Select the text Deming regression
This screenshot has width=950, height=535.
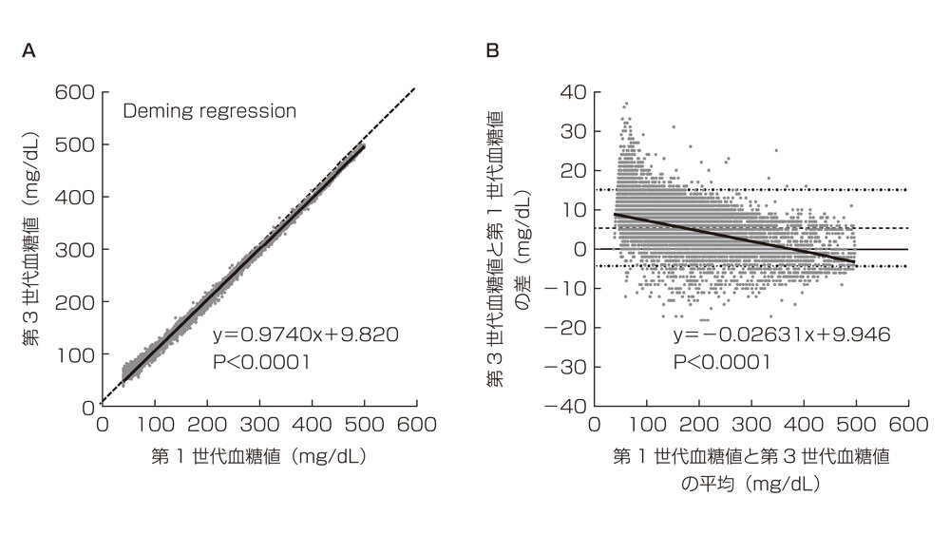[209, 111]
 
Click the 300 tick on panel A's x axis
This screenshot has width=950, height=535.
[259, 426]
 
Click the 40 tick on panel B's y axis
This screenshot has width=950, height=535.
[572, 92]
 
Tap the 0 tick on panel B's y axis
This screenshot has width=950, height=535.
[578, 249]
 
